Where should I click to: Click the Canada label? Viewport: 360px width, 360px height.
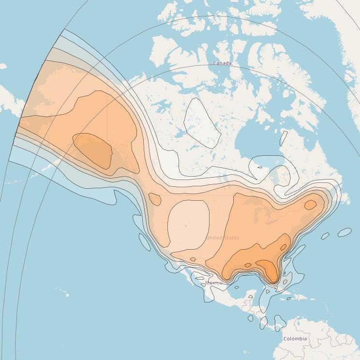[x=222, y=63]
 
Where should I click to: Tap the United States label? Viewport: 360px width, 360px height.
[x=222, y=238]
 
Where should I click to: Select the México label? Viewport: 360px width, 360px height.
[x=213, y=283]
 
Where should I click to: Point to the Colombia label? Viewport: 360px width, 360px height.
[x=295, y=339]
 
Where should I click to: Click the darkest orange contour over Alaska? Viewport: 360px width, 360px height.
[x=92, y=150]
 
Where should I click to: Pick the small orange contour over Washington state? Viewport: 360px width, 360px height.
[x=155, y=199]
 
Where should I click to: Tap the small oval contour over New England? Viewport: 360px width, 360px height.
[x=310, y=205]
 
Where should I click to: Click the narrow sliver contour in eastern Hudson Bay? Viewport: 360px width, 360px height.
[x=284, y=138]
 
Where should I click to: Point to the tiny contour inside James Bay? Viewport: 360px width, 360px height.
[x=260, y=167]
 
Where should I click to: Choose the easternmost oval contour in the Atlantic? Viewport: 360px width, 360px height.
[x=345, y=233]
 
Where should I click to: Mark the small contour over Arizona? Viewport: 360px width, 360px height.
[x=193, y=260]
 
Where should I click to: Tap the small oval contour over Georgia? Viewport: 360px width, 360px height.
[x=284, y=248]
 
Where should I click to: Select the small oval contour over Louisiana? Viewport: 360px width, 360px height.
[x=248, y=265]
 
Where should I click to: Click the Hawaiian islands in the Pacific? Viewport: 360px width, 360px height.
[x=62, y=292]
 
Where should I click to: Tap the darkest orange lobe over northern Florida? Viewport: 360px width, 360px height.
[x=267, y=268]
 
